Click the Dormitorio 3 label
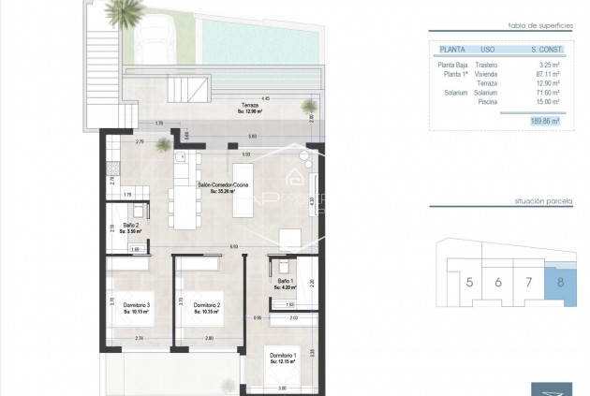point(136,306)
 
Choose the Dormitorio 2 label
point(206,306)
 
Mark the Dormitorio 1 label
point(283,356)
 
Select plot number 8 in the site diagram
point(560,281)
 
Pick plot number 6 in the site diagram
point(498,281)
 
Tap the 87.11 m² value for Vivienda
point(544,72)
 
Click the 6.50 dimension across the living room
point(207,246)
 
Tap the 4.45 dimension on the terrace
point(266,97)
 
